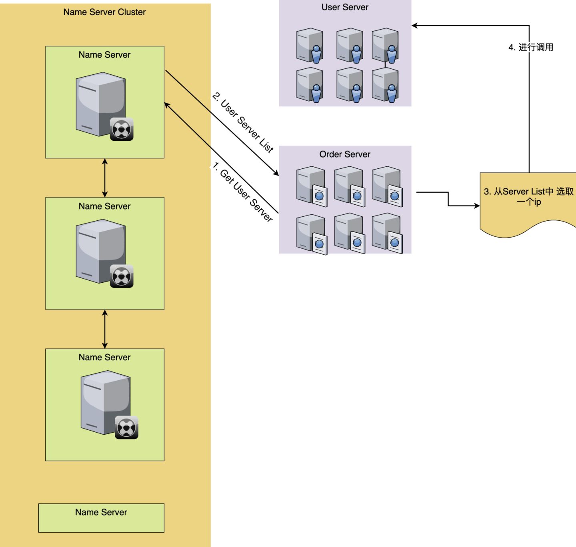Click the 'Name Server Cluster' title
(104, 12)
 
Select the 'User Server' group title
(345, 7)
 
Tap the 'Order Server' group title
(345, 154)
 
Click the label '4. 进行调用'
(531, 47)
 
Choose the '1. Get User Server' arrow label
(242, 192)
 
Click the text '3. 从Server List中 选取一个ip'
(528, 196)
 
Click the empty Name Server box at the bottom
(101, 518)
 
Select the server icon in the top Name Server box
(102, 105)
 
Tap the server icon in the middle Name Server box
(102, 252)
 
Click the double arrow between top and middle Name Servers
(105, 178)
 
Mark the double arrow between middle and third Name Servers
(105, 329)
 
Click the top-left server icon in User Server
(310, 45)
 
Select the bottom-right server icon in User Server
(385, 85)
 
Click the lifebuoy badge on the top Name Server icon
(122, 129)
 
